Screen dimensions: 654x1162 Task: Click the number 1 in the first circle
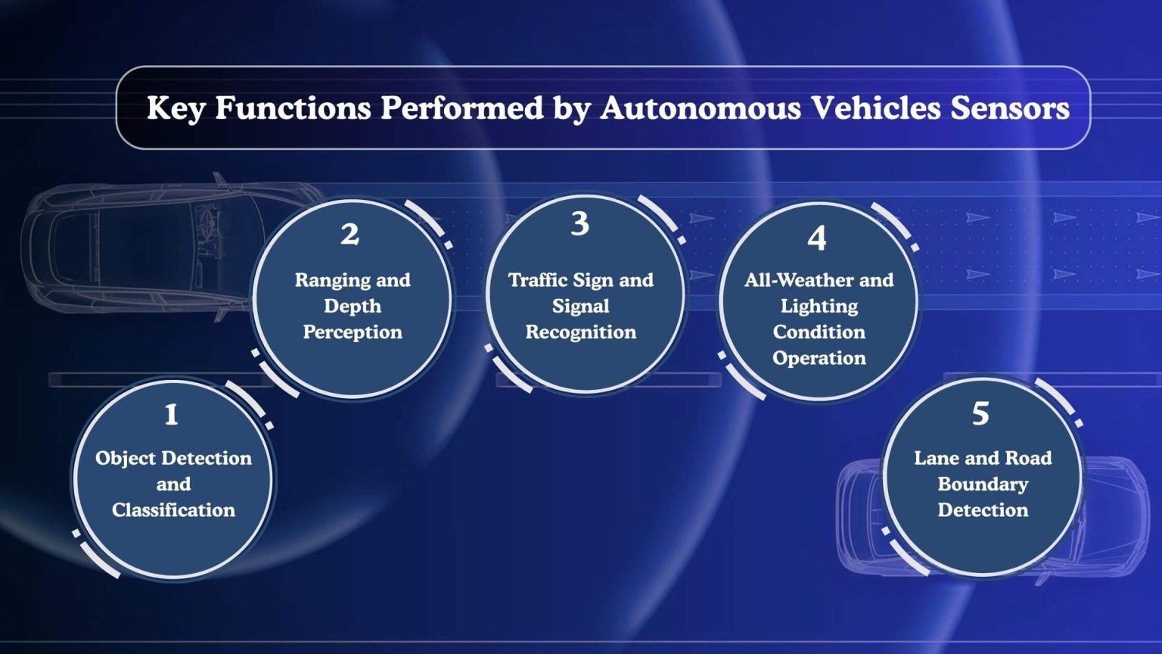[x=172, y=415]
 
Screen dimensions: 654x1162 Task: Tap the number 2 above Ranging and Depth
[x=350, y=235]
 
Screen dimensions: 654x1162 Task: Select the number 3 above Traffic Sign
[x=579, y=224]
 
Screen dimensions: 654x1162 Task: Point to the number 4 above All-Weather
[x=817, y=239]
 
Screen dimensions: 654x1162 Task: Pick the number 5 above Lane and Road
[x=980, y=414]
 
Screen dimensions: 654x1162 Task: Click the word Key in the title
[x=176, y=108]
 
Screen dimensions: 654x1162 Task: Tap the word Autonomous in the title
[x=701, y=108]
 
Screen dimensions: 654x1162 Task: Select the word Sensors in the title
[x=1010, y=108]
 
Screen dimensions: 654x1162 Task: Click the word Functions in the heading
[x=293, y=108]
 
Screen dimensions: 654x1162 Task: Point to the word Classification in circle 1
[x=173, y=510]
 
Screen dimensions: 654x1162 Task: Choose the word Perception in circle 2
[x=353, y=332]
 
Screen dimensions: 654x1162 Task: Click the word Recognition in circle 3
[x=581, y=332]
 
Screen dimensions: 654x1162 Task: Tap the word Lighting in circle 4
[x=819, y=307]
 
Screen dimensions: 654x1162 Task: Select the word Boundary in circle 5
[x=983, y=484]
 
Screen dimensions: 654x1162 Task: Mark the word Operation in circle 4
[x=819, y=358]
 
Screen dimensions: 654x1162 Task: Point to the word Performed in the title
[x=461, y=108]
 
